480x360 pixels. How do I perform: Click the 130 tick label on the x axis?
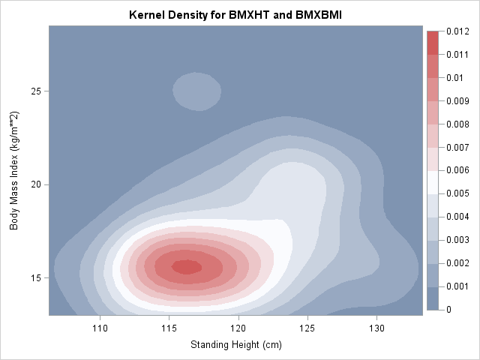[x=376, y=328]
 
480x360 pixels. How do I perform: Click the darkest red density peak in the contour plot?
[x=187, y=266]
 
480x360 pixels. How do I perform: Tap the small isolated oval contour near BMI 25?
[x=197, y=91]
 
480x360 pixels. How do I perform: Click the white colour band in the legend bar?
[x=433, y=181]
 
